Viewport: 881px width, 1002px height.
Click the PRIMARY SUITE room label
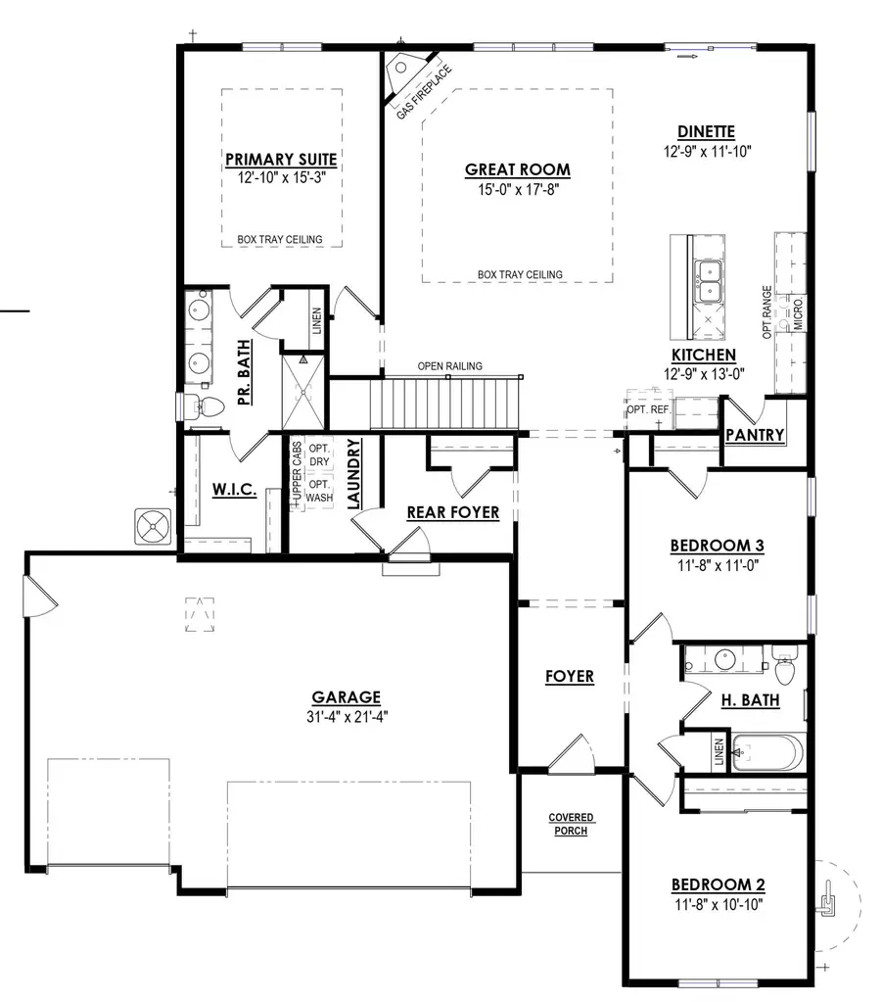point(281,160)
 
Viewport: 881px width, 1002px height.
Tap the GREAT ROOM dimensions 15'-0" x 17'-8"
point(518,190)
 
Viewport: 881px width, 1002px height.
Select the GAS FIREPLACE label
point(424,91)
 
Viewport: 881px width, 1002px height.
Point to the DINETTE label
point(706,131)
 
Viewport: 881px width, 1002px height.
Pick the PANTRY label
point(755,435)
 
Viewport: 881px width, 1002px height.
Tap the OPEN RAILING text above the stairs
point(449,366)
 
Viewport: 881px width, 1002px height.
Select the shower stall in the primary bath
point(302,391)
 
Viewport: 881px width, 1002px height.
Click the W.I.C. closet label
point(235,490)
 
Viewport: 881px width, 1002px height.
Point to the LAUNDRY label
point(354,473)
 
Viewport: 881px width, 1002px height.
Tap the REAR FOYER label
point(453,512)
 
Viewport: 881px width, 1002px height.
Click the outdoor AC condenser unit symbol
point(154,527)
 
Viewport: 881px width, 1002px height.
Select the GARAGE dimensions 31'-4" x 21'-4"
point(347,717)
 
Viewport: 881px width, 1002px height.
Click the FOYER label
point(570,677)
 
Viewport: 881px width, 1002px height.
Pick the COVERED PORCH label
point(571,825)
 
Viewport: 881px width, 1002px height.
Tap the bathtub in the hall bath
point(767,753)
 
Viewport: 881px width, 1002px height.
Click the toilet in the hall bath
point(784,666)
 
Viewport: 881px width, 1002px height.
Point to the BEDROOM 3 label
point(717,546)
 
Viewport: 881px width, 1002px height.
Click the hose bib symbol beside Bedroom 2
point(827,900)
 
